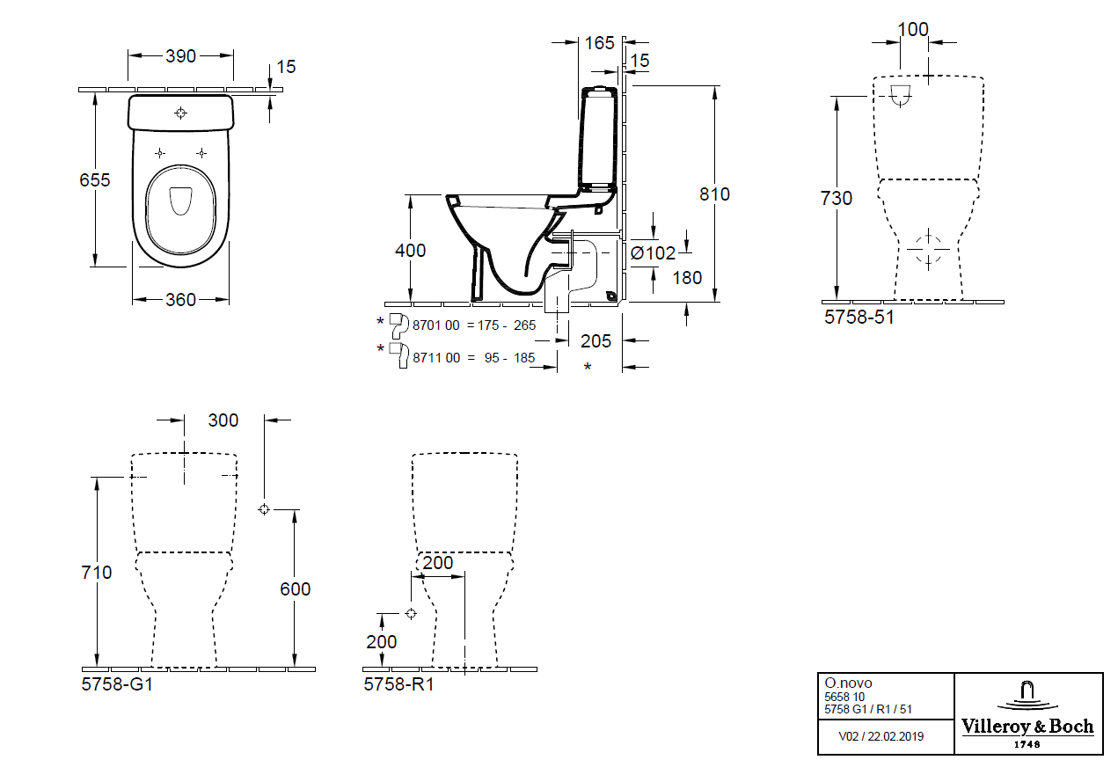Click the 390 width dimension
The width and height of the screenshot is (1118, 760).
click(181, 55)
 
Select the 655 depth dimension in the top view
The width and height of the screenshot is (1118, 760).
click(94, 179)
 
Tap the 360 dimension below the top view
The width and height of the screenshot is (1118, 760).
click(180, 300)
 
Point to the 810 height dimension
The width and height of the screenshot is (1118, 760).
click(714, 194)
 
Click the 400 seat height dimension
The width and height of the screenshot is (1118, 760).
click(409, 251)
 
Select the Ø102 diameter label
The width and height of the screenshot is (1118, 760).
click(654, 253)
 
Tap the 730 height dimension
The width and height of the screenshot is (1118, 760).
click(837, 199)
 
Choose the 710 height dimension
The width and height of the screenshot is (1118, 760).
click(96, 573)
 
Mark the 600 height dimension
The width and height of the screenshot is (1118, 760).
click(295, 589)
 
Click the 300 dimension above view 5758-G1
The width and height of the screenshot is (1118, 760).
click(223, 420)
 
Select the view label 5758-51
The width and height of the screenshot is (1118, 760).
click(859, 318)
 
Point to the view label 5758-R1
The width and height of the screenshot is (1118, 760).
click(398, 683)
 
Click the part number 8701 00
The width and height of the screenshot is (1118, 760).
click(435, 325)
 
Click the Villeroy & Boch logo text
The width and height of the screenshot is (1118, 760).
click(1027, 727)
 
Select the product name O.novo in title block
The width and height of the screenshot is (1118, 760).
click(848, 683)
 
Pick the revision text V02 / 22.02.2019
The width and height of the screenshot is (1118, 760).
click(882, 735)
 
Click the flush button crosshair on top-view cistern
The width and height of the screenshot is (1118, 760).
click(181, 113)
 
